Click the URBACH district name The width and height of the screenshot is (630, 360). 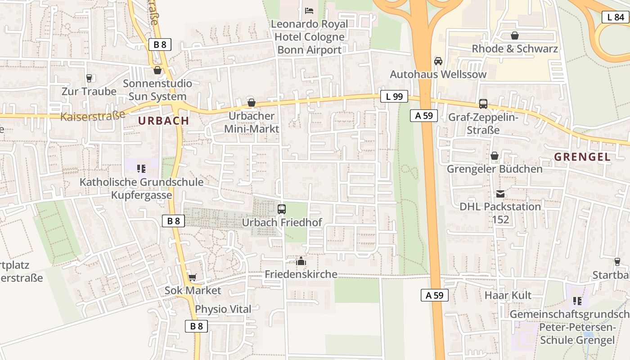click(163, 121)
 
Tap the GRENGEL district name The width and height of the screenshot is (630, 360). click(582, 157)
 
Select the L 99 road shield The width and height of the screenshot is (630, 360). click(394, 96)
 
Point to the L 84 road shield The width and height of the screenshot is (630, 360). click(615, 17)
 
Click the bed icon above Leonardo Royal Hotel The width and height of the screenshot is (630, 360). click(309, 10)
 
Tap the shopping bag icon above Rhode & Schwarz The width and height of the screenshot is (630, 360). click(515, 36)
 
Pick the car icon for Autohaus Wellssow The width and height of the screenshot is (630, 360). click(438, 61)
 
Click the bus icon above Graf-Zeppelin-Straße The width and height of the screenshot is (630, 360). click(483, 104)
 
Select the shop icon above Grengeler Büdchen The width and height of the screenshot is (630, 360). click(495, 156)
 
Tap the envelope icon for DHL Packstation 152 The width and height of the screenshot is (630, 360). click(500, 194)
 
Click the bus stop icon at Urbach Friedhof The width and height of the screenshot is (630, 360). click(282, 209)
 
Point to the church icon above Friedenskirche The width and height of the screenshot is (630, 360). click(301, 261)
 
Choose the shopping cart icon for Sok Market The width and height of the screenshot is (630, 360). click(192, 277)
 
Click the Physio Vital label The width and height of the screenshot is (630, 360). click(223, 309)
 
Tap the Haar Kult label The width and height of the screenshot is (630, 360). click(508, 295)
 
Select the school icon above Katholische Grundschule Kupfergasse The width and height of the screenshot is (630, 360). click(141, 169)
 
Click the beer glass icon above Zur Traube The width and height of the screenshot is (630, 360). click(89, 78)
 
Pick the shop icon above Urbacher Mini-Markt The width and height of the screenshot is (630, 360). click(252, 103)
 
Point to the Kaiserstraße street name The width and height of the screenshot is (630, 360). click(93, 116)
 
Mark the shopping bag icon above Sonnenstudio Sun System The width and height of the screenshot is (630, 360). click(157, 70)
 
